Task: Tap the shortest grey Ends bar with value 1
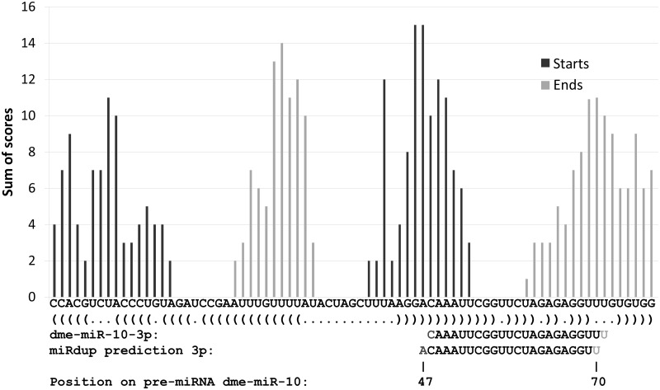click(x=526, y=288)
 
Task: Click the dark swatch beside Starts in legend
click(x=544, y=63)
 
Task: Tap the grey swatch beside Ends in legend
click(x=544, y=85)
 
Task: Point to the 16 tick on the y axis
click(x=30, y=7)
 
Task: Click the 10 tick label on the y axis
click(x=30, y=115)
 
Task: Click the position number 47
click(x=424, y=381)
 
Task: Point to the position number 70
click(x=596, y=381)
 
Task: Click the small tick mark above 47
click(x=423, y=365)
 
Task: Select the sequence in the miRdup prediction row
click(x=509, y=350)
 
